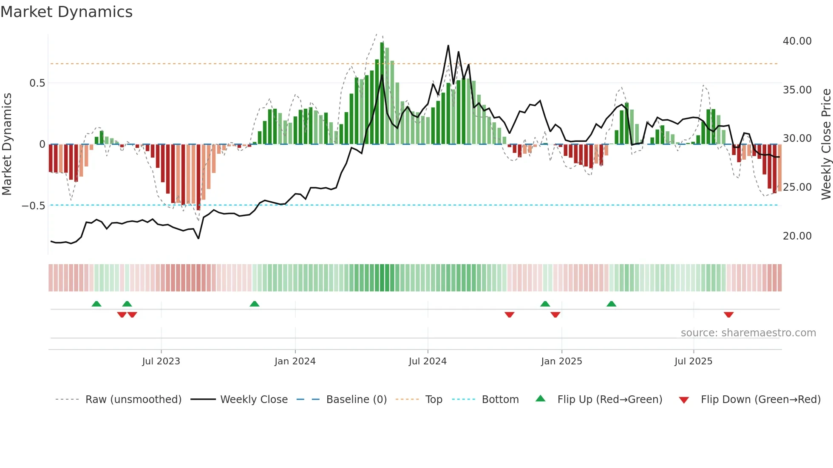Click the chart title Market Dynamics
tap(66, 12)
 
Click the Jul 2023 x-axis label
tap(161, 361)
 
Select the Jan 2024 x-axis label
tap(295, 361)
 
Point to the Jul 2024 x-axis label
tap(428, 361)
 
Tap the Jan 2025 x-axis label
tap(561, 361)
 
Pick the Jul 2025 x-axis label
tap(693, 361)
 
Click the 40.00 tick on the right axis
tap(797, 41)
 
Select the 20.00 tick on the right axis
tap(797, 236)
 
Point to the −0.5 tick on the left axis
tap(34, 206)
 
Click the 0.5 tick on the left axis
tap(37, 83)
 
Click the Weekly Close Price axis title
tap(826, 144)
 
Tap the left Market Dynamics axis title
tap(7, 144)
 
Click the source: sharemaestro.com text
tap(748, 333)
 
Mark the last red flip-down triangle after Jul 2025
tap(728, 315)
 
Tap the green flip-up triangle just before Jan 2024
tap(254, 304)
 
